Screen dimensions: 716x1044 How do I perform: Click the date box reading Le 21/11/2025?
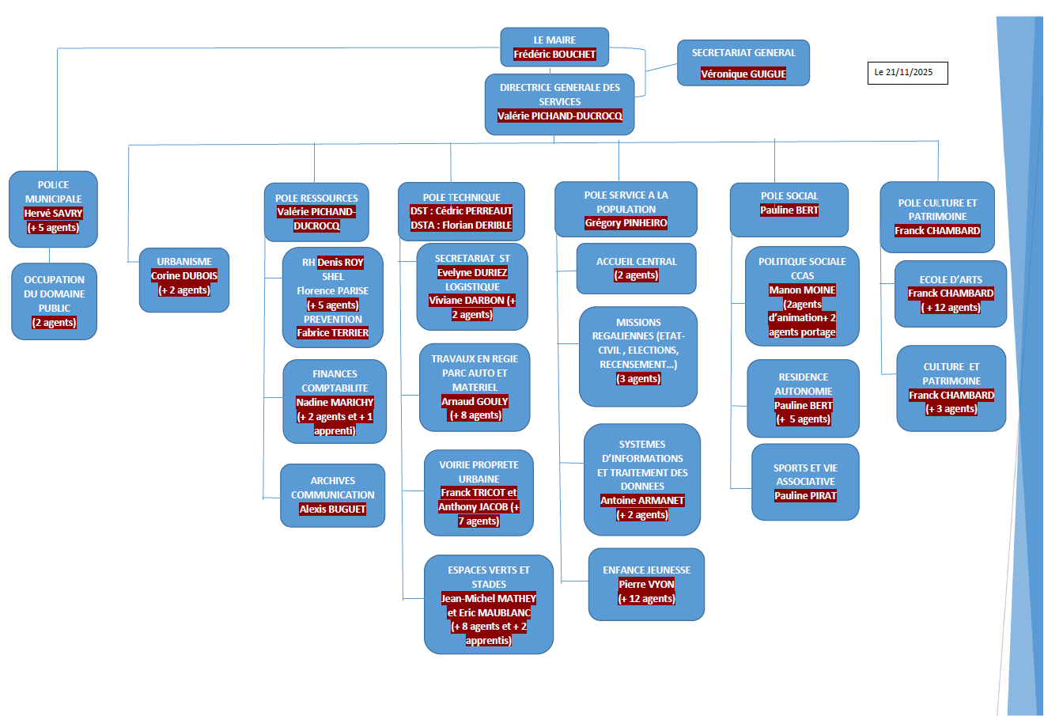[x=907, y=73]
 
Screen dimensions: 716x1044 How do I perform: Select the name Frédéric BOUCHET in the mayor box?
[x=554, y=55]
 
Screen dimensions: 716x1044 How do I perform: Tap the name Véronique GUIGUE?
[x=743, y=74]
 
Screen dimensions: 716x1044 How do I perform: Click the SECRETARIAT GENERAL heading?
[x=743, y=53]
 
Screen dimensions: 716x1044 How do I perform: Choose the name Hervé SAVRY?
[x=53, y=214]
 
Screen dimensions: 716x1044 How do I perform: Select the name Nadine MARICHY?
[x=335, y=403]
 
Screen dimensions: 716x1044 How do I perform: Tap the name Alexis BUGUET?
[x=332, y=510]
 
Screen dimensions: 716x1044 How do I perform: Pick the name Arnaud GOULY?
[x=475, y=402]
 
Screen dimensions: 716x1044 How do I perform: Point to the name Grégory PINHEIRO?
[x=626, y=223]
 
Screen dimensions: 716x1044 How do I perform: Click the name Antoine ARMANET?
[x=642, y=501]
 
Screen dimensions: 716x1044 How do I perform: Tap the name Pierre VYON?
[x=646, y=585]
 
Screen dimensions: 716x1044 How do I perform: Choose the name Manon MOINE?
[x=802, y=290]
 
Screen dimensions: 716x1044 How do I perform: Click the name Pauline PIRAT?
[x=805, y=496]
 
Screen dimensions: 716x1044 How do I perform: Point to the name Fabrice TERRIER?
[x=332, y=333]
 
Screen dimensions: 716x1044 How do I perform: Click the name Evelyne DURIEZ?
[x=472, y=273]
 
